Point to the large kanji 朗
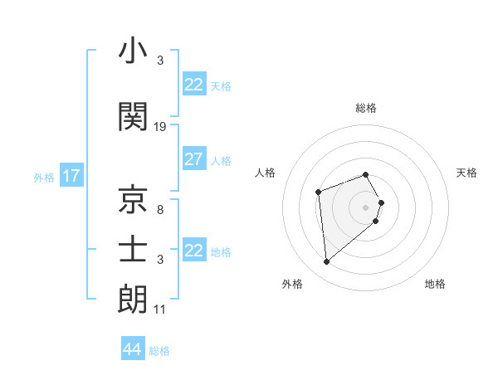pyautogui.click(x=133, y=300)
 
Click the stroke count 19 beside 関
pyautogui.click(x=160, y=127)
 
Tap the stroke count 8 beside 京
pyautogui.click(x=160, y=209)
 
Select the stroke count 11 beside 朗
pyautogui.click(x=160, y=310)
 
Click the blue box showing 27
pyautogui.click(x=193, y=159)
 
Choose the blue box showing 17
pyautogui.click(x=71, y=176)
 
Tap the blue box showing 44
pyautogui.click(x=132, y=349)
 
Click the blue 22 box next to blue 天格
pyautogui.click(x=193, y=85)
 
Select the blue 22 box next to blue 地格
pyautogui.click(x=193, y=251)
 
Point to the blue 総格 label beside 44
pyautogui.click(x=159, y=351)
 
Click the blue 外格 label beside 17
pyautogui.click(x=43, y=178)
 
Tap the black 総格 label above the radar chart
pyautogui.click(x=365, y=108)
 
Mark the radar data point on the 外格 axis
pyautogui.click(x=326, y=262)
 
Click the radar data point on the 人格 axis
pyautogui.click(x=318, y=192)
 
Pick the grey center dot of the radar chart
pyautogui.click(x=365, y=207)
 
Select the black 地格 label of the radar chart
pyautogui.click(x=435, y=284)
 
